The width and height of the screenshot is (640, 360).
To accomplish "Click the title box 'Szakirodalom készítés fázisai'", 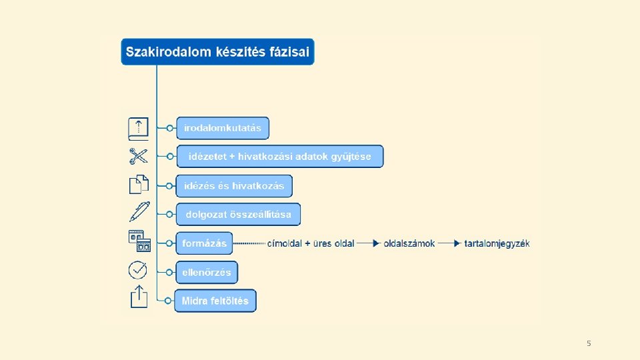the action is [x=217, y=52].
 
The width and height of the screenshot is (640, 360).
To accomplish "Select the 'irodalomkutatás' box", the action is [x=223, y=128].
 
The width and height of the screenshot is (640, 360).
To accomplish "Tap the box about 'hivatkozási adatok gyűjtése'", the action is [x=280, y=157].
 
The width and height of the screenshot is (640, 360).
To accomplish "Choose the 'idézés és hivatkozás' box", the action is [x=234, y=186].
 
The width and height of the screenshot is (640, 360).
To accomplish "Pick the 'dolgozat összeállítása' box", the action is [x=238, y=215].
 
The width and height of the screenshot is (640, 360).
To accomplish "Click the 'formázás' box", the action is [x=204, y=243].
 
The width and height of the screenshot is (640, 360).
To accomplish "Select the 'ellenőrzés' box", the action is [x=207, y=272].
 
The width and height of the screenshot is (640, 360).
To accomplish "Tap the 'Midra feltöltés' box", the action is [x=215, y=301].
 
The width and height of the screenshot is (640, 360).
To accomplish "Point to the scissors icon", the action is [x=138, y=157].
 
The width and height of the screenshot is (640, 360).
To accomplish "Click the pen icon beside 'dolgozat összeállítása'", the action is [x=139, y=212].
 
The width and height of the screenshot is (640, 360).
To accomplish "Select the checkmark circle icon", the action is [x=137, y=270].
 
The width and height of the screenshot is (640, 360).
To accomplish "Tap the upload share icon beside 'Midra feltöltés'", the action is [x=138, y=297].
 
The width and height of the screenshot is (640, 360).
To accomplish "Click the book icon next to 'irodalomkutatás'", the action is [x=137, y=127].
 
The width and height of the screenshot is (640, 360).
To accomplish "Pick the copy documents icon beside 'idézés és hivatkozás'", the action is [x=138, y=185].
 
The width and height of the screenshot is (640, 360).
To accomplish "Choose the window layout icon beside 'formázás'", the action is [x=139, y=241].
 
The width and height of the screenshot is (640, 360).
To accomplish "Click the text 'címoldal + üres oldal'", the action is [x=311, y=243].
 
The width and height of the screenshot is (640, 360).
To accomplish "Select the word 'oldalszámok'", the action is [x=409, y=243].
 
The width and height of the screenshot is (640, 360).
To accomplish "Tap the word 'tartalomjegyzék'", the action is [x=497, y=243].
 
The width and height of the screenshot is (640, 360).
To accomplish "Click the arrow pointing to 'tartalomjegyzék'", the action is [x=456, y=243].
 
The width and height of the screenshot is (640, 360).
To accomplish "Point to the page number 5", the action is [x=589, y=343].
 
